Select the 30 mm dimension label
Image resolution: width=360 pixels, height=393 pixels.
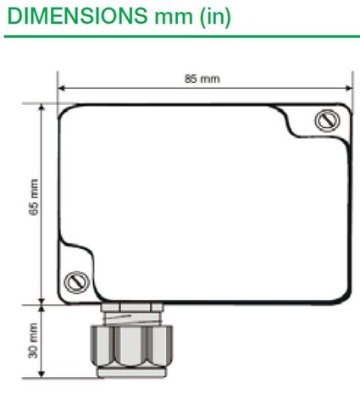click(x=33, y=340)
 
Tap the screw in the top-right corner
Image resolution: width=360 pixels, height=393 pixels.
click(x=323, y=120)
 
